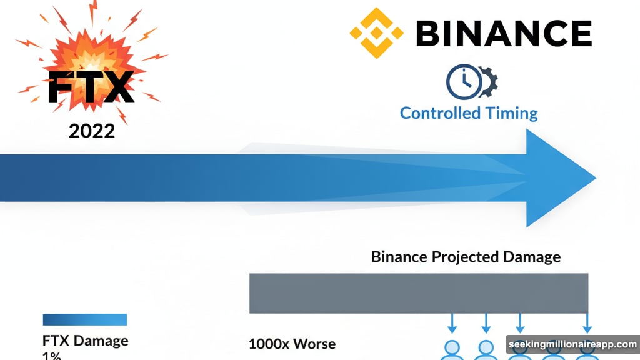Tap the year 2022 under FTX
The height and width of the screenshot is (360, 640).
coord(92,131)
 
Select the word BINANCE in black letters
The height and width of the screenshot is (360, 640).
coord(503,32)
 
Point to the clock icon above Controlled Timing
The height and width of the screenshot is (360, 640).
coord(463,81)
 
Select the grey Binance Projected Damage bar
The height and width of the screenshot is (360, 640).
coord(418,293)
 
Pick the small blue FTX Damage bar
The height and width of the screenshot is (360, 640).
coord(84,319)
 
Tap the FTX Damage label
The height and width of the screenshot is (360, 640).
coord(85,341)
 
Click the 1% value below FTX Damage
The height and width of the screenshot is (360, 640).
coord(52,356)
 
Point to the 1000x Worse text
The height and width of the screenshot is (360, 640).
coord(292,344)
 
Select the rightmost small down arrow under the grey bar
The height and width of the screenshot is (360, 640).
coord(587,324)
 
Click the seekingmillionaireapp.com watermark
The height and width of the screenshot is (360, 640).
coord(572,345)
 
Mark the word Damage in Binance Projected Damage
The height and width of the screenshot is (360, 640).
coord(532,257)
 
